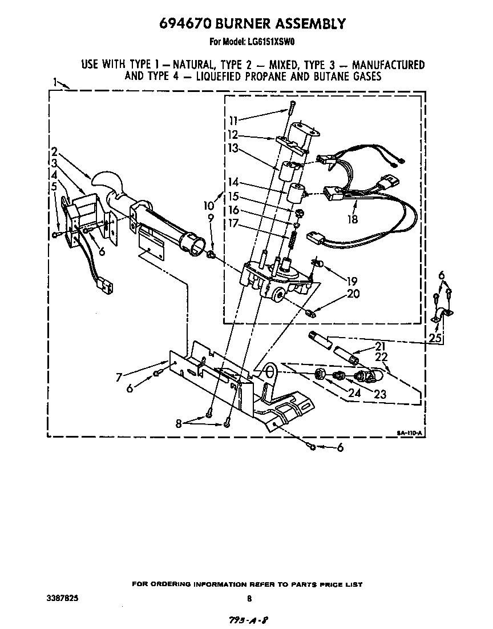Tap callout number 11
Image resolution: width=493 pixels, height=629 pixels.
click(233, 121)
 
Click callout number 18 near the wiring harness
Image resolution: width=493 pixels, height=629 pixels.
click(353, 218)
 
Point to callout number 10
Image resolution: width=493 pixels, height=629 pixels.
click(208, 205)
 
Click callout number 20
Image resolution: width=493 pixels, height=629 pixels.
click(353, 294)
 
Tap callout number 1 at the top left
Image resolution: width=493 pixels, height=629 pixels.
click(56, 82)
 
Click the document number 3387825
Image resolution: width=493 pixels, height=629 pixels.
click(63, 598)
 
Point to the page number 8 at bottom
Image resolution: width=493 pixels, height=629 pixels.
click(249, 599)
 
